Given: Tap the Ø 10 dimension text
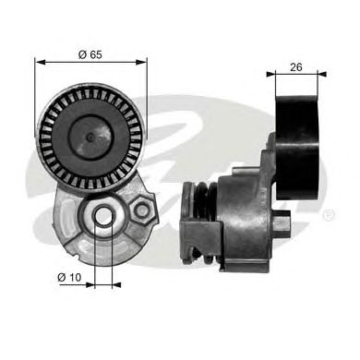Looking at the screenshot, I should tap(70, 276).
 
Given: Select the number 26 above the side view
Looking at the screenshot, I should tap(296, 67).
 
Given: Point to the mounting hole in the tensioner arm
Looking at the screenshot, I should tap(104, 219).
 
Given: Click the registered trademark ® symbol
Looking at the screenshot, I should tap(330, 215).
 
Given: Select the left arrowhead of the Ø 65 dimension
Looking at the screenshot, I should tap(39, 63).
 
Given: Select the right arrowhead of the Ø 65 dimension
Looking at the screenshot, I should tap(143, 63).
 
